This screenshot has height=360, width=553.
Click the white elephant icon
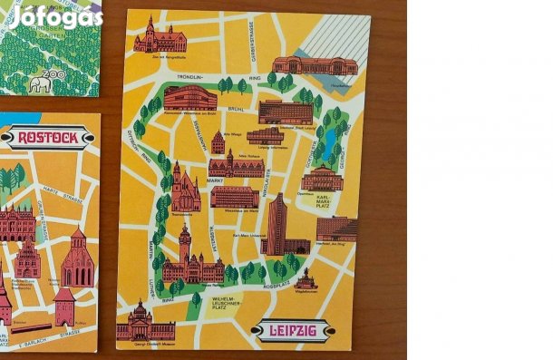pos(41,85)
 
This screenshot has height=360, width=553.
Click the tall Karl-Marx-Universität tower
pos(276,223)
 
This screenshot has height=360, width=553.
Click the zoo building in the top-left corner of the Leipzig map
pos(160,37)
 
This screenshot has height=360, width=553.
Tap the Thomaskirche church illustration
pos(184,190)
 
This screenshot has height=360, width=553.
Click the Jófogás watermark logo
pos(54,15)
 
